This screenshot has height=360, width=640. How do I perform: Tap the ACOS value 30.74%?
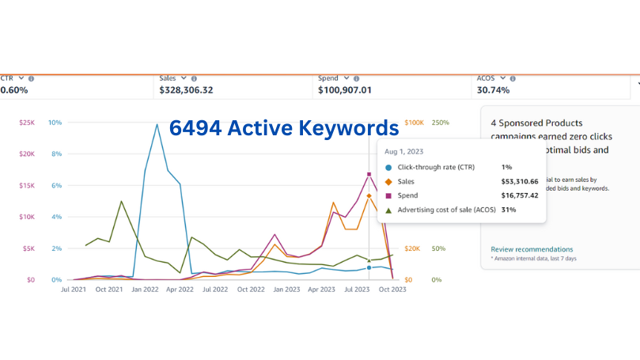(494, 91)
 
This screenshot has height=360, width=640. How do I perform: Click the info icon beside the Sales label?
(194, 78)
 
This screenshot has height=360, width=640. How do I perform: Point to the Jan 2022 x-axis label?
(145, 290)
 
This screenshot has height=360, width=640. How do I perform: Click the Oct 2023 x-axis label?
(392, 290)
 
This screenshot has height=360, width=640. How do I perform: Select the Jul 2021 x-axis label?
(74, 290)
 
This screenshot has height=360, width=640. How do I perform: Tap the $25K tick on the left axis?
(27, 123)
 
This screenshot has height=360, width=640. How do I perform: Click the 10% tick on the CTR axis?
(55, 123)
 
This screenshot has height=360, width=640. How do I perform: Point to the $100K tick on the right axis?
(415, 123)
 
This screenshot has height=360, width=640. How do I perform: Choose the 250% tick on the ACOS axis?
(441, 123)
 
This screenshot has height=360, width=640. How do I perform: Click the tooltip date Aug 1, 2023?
(403, 150)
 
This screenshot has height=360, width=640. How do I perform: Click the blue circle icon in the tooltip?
(388, 168)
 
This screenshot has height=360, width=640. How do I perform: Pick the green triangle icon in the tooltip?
(388, 210)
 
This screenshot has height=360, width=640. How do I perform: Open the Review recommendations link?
(532, 249)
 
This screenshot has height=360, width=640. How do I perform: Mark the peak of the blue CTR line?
(157, 123)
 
